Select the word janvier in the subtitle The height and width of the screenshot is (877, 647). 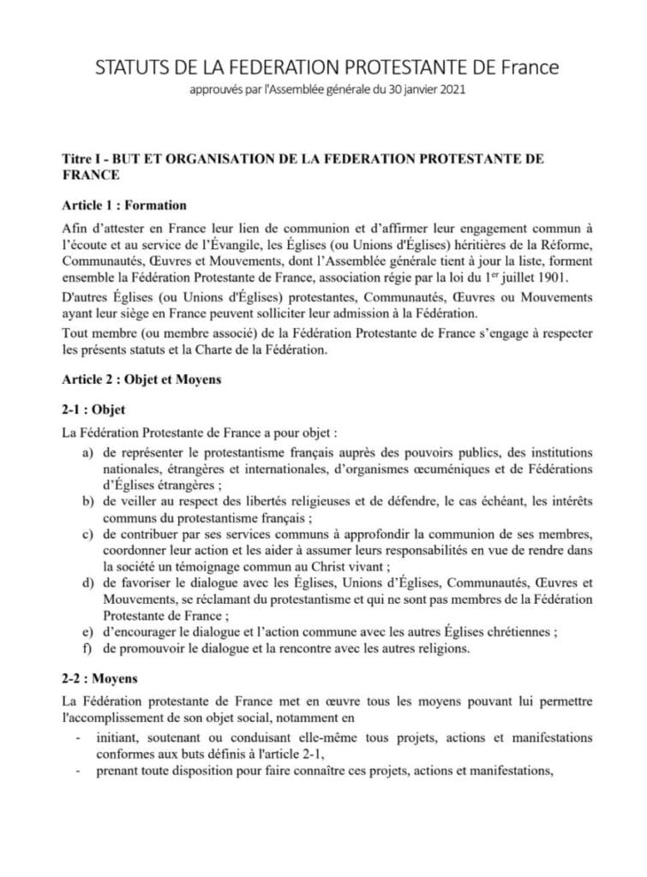point(413,87)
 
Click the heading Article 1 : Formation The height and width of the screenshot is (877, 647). point(124,206)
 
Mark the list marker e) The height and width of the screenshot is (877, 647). point(88,633)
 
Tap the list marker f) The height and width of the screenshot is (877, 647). point(88,649)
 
